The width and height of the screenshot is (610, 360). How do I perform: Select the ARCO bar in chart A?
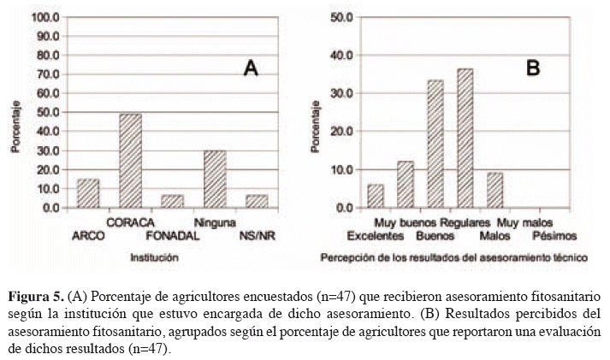pyautogui.click(x=89, y=193)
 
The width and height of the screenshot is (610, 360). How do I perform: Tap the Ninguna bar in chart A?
pyautogui.click(x=215, y=179)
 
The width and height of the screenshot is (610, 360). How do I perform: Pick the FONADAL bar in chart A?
pyautogui.click(x=173, y=201)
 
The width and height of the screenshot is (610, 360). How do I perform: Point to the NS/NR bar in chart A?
pyautogui.click(x=257, y=201)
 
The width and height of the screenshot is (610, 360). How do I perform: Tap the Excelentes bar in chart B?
pyautogui.click(x=376, y=196)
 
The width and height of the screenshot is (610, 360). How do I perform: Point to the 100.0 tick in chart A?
pyautogui.click(x=44, y=17)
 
